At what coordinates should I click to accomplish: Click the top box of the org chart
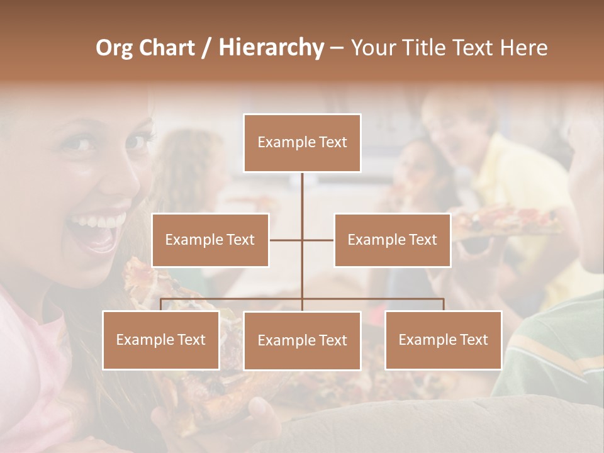tap(302, 143)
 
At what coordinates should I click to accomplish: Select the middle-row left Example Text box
tap(210, 240)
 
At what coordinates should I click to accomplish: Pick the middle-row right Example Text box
tap(392, 240)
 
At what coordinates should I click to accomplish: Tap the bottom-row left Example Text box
tap(161, 340)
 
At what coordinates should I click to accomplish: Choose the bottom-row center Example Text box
tap(302, 340)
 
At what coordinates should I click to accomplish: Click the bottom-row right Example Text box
tap(443, 340)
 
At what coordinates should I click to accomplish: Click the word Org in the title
tap(114, 48)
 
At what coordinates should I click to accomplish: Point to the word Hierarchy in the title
tap(271, 48)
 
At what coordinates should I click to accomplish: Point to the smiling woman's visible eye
tap(80, 143)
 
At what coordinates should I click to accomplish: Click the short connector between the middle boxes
tap(302, 240)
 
